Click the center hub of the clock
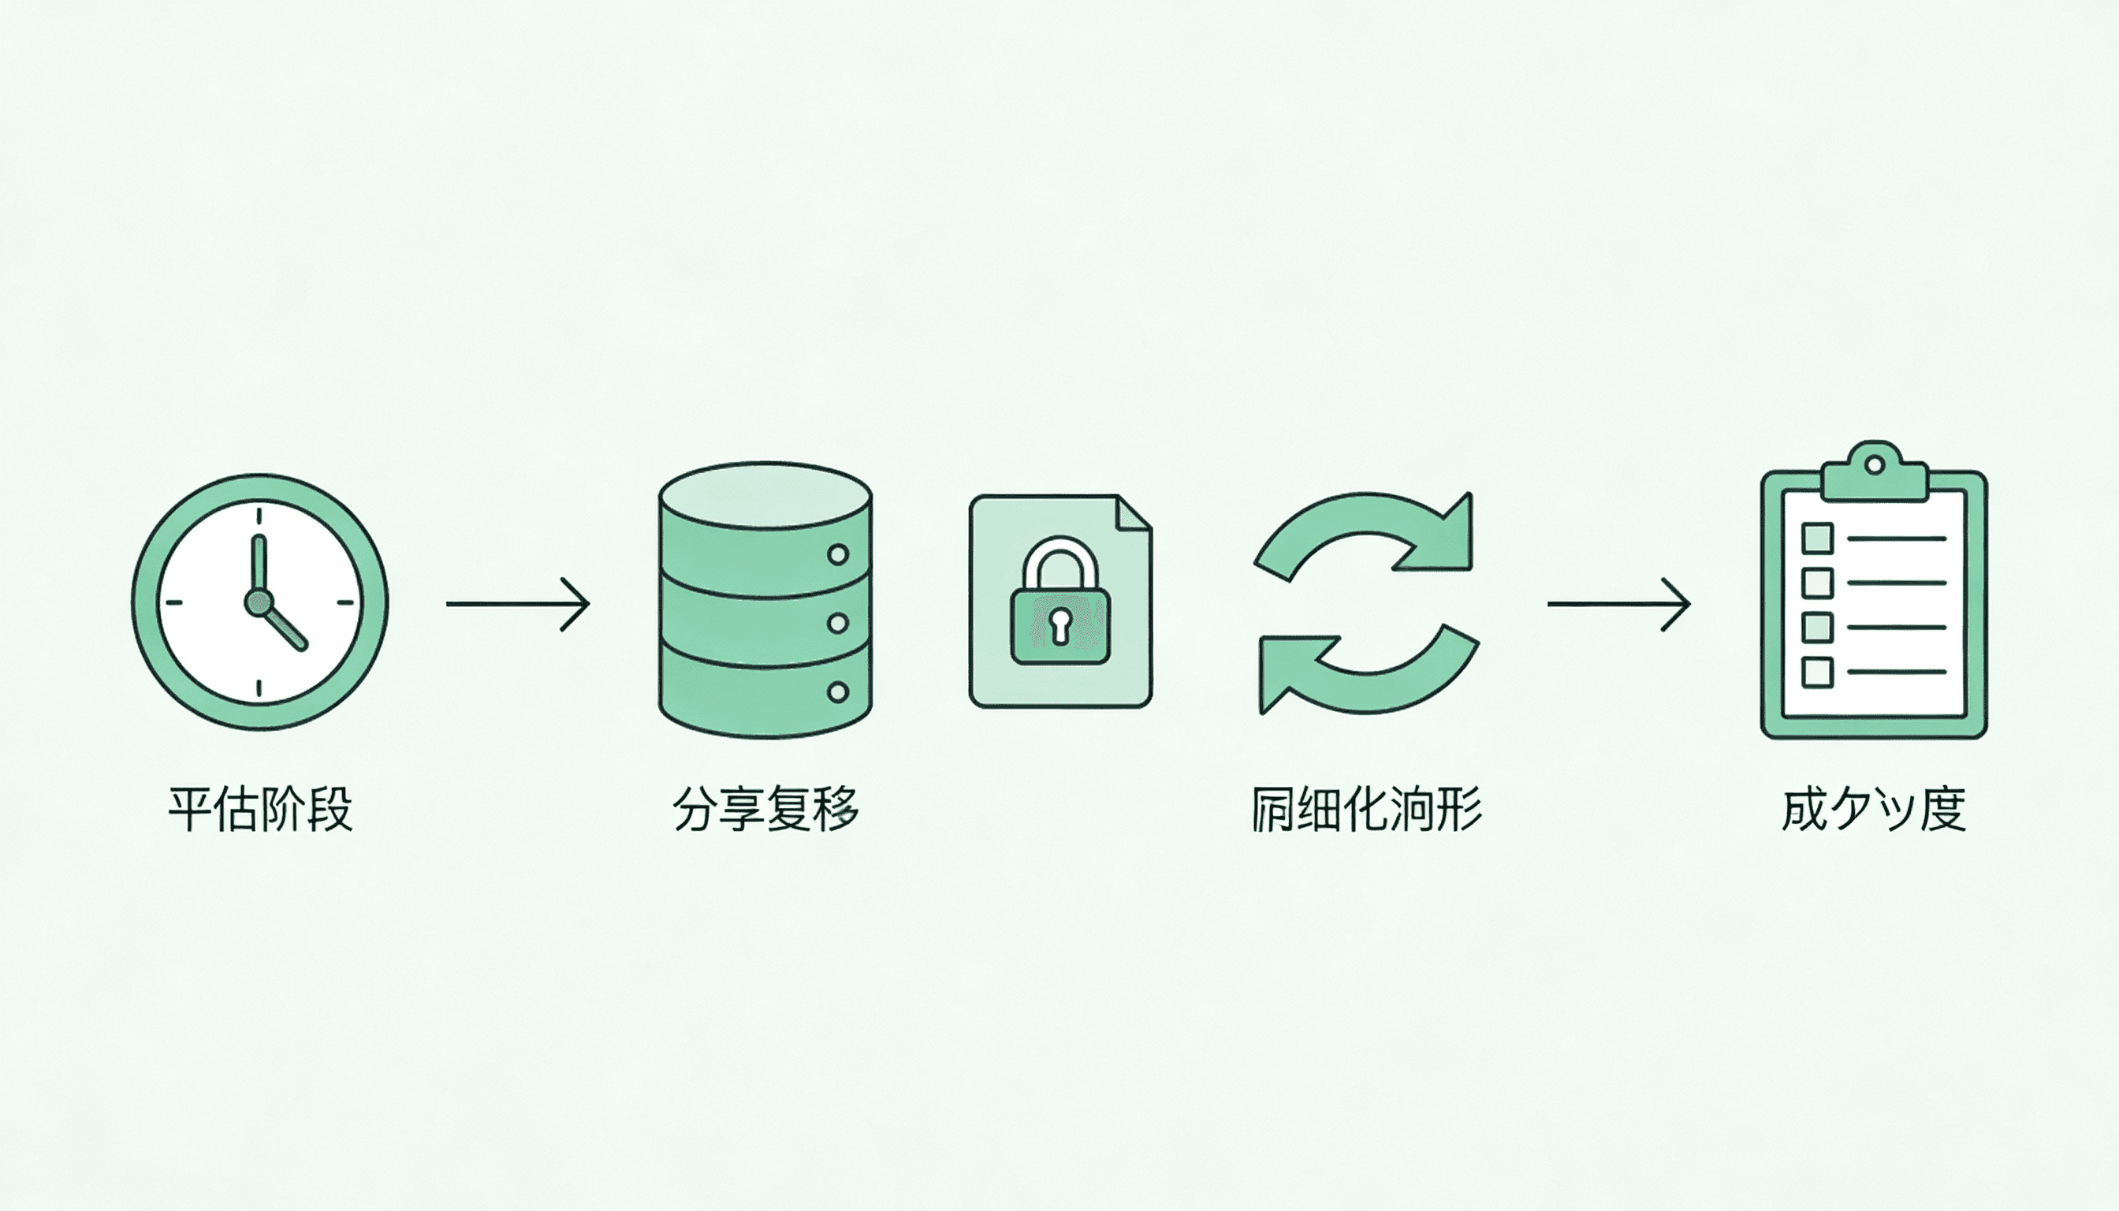coord(258,602)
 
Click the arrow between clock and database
coord(517,604)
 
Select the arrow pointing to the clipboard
coord(1618,604)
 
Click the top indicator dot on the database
coord(838,554)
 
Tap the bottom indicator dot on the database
coord(838,691)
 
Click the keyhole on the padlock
coord(1059,624)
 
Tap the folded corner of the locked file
coord(1133,513)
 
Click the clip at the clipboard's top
coord(1874,472)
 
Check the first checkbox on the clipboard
coord(1817,538)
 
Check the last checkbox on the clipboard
coord(1817,671)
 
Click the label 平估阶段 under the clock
coord(260,807)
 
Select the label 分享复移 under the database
coord(765,807)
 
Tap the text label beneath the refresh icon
coord(1366,807)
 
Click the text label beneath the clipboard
coord(1874,807)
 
